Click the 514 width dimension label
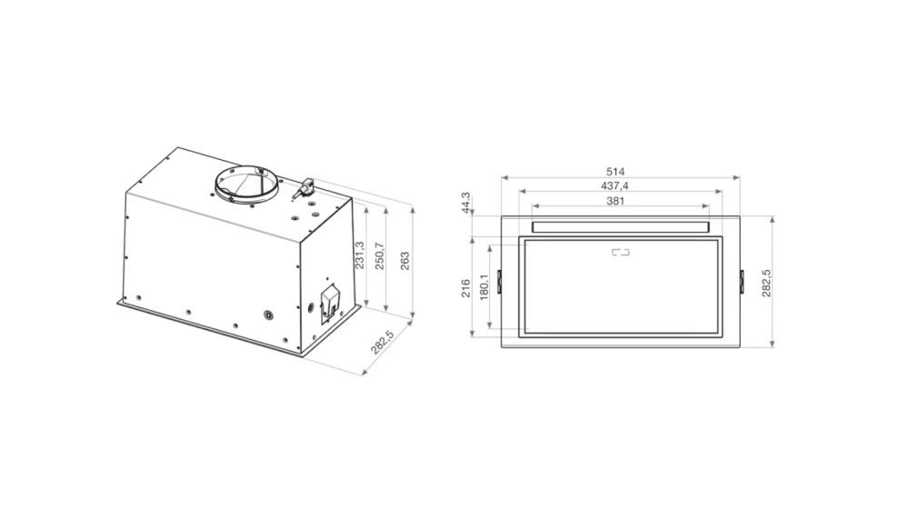[615, 172]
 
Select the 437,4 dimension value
[615, 186]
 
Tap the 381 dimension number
[615, 201]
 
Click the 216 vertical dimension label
[465, 289]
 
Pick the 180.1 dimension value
[484, 287]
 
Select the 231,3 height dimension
[359, 255]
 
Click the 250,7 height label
[380, 255]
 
